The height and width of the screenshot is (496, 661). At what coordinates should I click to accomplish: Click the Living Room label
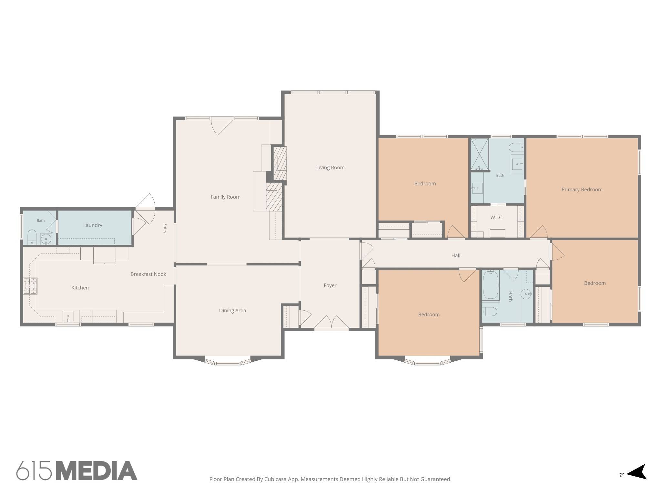pyautogui.click(x=330, y=167)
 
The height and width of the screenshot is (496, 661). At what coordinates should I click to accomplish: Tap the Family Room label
pyautogui.click(x=225, y=197)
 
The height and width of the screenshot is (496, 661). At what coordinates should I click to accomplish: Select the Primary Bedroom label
pyautogui.click(x=582, y=190)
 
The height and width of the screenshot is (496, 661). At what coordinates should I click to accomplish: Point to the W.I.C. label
pyautogui.click(x=497, y=217)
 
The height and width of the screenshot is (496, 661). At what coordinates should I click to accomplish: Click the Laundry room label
pyautogui.click(x=93, y=225)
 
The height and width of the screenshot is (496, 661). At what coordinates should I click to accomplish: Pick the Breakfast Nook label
pyautogui.click(x=148, y=274)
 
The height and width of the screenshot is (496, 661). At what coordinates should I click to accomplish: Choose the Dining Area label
pyautogui.click(x=232, y=311)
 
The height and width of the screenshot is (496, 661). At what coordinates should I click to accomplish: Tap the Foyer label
pyautogui.click(x=330, y=285)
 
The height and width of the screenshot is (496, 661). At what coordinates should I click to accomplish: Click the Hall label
pyautogui.click(x=456, y=255)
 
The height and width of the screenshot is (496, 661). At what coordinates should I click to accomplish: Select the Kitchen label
pyautogui.click(x=80, y=288)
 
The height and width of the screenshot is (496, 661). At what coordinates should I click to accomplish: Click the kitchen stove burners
pyautogui.click(x=30, y=286)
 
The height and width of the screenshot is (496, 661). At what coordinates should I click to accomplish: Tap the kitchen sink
pyautogui.click(x=68, y=316)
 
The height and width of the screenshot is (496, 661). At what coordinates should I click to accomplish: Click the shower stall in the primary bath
pyautogui.click(x=479, y=154)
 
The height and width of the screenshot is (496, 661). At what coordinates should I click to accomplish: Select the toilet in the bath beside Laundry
pyautogui.click(x=32, y=237)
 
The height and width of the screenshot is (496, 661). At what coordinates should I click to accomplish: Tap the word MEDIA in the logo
pyautogui.click(x=97, y=470)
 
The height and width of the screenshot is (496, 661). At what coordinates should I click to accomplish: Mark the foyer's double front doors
pyautogui.click(x=331, y=323)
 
